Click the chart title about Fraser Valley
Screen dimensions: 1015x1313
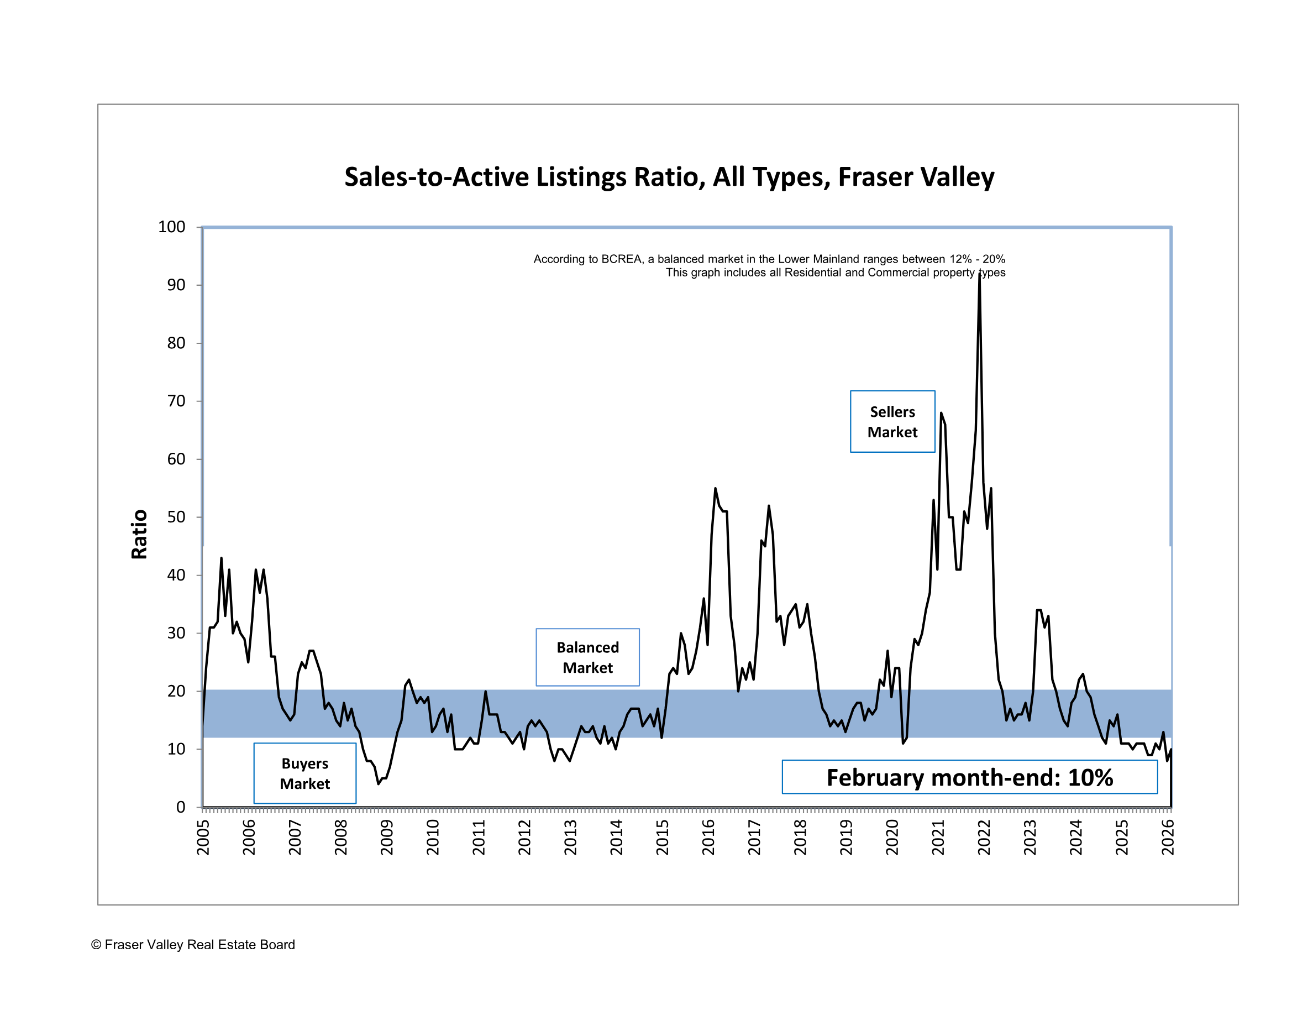669,177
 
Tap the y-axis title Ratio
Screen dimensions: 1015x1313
139,534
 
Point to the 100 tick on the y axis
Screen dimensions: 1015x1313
171,227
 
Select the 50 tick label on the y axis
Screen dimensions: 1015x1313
176,517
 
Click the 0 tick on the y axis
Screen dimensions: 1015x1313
180,807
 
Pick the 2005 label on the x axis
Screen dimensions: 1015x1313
203,837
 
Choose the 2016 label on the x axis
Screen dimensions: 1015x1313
708,837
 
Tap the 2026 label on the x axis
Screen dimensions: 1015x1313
1168,837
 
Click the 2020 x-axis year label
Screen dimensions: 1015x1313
892,837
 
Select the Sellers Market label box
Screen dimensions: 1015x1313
892,421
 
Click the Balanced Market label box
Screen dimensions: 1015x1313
587,657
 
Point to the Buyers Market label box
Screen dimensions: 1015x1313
305,773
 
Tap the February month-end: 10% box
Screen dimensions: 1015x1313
969,777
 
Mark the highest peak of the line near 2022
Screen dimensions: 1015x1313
979,275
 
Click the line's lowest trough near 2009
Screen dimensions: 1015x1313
378,783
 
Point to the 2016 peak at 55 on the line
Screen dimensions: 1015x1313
716,488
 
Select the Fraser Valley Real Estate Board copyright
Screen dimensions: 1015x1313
193,945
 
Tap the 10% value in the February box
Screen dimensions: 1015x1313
1090,777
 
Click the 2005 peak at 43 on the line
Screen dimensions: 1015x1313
221,558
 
